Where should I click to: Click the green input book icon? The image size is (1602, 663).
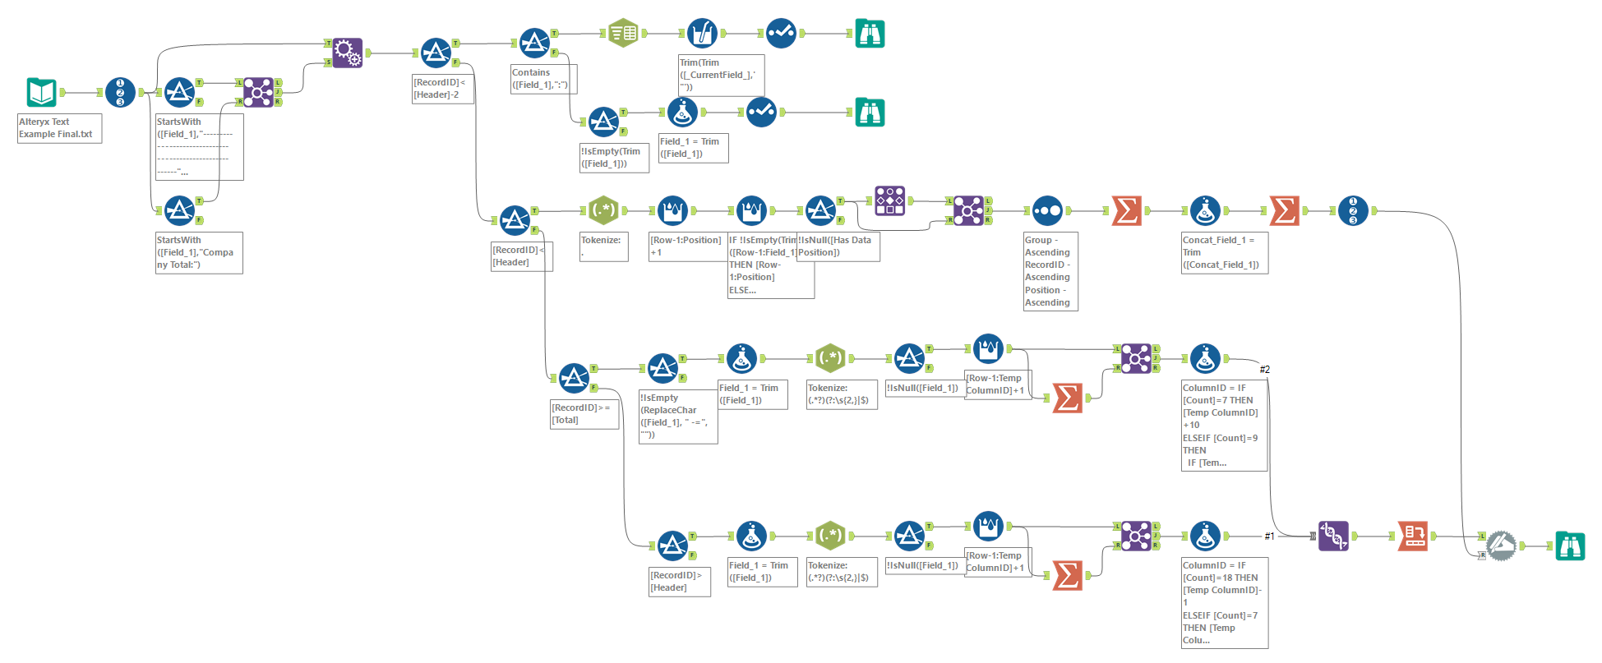click(41, 92)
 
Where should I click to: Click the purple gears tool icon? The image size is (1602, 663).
click(347, 53)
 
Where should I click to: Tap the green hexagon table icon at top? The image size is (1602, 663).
click(623, 33)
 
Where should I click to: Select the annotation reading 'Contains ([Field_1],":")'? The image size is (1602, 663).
click(543, 79)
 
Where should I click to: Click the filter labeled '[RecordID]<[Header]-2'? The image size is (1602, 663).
click(436, 53)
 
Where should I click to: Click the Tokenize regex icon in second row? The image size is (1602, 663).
click(603, 210)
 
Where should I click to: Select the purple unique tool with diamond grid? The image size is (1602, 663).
click(889, 200)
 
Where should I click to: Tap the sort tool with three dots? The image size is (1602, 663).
click(1047, 210)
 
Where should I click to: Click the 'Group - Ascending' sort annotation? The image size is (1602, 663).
click(1050, 271)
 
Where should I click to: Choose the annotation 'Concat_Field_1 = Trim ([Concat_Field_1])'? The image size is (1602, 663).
click(1224, 253)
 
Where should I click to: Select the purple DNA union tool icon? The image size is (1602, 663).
click(1333, 536)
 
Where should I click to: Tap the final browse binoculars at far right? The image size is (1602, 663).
click(1570, 546)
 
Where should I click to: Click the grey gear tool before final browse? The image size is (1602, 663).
click(1501, 546)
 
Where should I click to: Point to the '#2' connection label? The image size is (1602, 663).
click(1264, 370)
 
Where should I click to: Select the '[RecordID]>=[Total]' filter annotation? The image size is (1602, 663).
click(584, 414)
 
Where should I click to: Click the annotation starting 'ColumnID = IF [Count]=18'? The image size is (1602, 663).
click(1224, 602)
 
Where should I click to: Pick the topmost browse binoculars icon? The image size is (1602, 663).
click(870, 33)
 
